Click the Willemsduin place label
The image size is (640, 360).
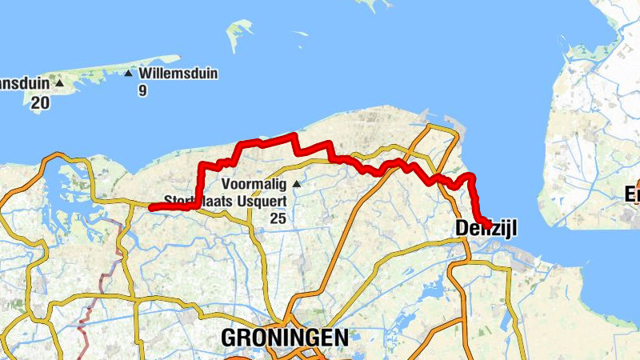[x=178, y=74]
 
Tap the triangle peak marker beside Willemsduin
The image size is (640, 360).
[x=129, y=74]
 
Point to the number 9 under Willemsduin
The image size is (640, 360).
[x=142, y=90]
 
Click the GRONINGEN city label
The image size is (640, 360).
[x=285, y=338]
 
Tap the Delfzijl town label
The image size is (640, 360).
[x=486, y=230]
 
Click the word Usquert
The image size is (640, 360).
[x=262, y=201]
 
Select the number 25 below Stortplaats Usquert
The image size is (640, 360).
[x=278, y=218]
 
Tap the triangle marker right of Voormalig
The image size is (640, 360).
[x=297, y=184]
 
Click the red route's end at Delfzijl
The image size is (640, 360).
[x=486, y=224]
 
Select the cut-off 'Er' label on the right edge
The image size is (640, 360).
[x=632, y=194]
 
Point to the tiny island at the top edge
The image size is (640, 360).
[x=368, y=4]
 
